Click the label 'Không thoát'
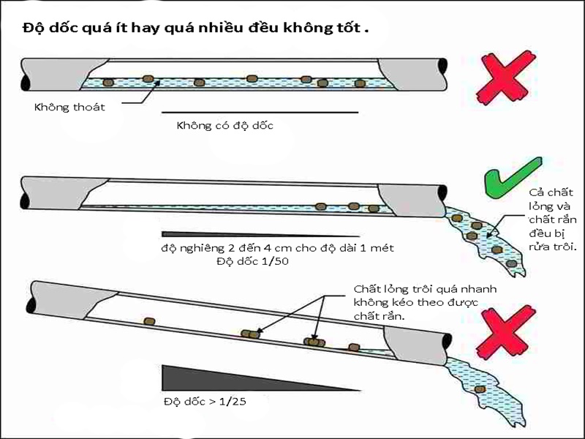point(69,108)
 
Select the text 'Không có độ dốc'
point(224,125)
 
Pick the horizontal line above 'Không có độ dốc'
point(260,113)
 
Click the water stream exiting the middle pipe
point(486,238)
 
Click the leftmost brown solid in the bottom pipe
point(150,320)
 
